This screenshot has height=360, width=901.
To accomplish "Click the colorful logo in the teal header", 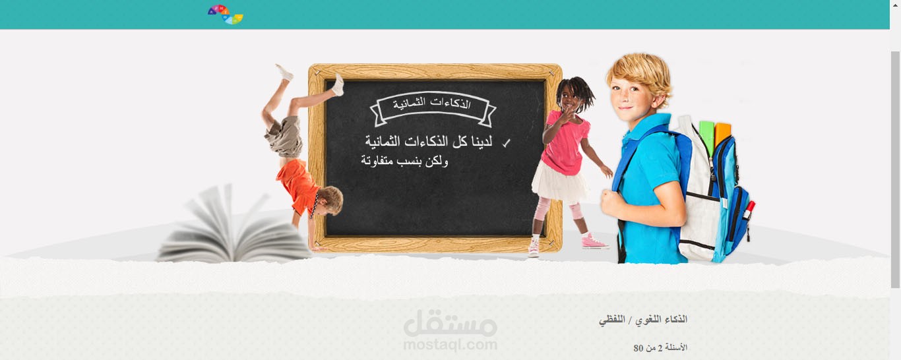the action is (x=226, y=14).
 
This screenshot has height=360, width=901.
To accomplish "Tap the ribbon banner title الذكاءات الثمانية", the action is (x=431, y=104).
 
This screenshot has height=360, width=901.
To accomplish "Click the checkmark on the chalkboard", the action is (x=506, y=143).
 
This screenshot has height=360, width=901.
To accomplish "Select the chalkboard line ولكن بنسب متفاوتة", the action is (x=404, y=161).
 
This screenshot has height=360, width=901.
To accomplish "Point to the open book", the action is (x=233, y=227).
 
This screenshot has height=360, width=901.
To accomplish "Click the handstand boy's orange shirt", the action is (x=297, y=184).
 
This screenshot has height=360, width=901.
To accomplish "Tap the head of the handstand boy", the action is (x=329, y=200).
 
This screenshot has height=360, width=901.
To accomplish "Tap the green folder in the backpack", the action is (x=706, y=136).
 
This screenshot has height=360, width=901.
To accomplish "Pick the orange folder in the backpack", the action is (x=722, y=134).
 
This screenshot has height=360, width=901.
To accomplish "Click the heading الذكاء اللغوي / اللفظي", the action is (x=642, y=320).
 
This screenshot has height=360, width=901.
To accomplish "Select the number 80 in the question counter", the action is (x=638, y=348).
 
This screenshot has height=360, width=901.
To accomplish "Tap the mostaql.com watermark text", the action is (x=450, y=345).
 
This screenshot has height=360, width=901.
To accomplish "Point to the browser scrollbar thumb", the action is (x=895, y=169).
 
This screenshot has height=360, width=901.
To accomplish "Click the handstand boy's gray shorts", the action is (x=284, y=136).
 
